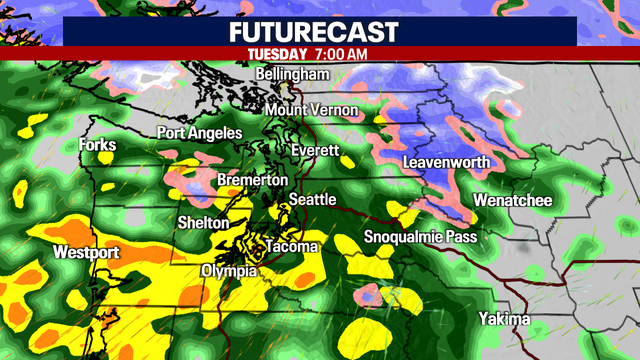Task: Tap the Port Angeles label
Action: coord(199,133)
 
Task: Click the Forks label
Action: coord(97,146)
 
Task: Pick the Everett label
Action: coord(315,151)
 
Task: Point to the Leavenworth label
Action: coord(446,162)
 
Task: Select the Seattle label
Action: coord(312,200)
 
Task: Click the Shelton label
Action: coord(203,222)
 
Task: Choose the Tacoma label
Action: coord(291,247)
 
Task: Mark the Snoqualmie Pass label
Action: coord(421,237)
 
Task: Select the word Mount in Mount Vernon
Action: coord(287,109)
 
